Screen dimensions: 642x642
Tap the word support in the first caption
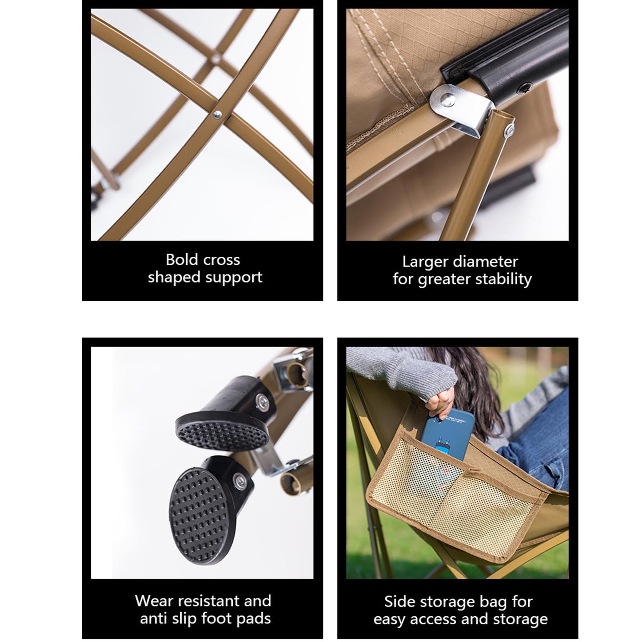pos(234,277)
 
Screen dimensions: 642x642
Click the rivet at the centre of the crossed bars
pos(217,115)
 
